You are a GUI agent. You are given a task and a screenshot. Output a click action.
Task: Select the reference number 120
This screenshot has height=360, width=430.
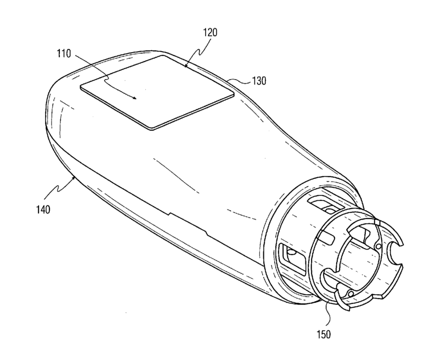210,32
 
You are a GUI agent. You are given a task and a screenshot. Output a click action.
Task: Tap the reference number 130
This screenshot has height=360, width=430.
259,81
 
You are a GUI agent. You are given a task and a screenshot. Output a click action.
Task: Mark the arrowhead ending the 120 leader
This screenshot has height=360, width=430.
186,66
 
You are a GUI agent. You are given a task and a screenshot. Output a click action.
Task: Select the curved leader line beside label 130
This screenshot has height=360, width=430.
240,81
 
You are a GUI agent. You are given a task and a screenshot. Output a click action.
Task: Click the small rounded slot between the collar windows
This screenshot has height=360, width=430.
328,237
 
